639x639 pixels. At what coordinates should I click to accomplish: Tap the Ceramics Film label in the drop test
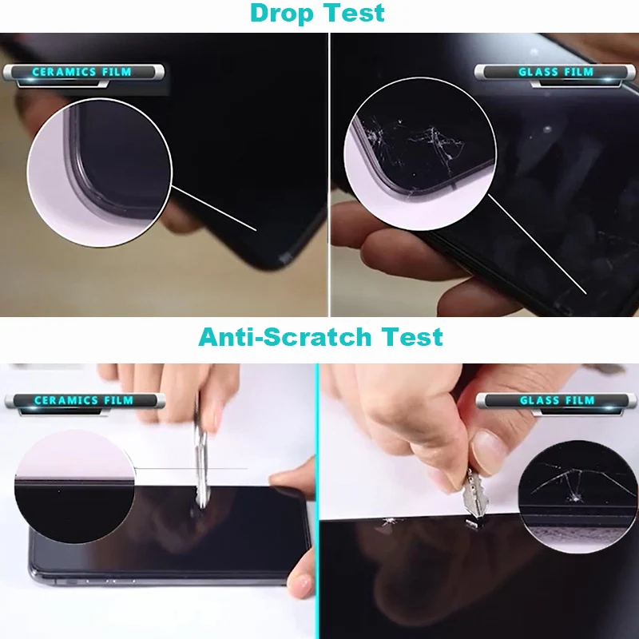point(82,73)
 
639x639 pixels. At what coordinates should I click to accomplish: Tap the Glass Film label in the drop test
point(556,73)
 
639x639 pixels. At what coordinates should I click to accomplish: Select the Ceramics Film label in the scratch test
point(84,400)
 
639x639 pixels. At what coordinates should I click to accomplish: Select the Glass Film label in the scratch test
point(557,400)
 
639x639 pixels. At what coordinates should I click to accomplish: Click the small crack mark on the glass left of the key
point(390,520)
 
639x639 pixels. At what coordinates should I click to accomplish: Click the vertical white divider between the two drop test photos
point(329,176)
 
